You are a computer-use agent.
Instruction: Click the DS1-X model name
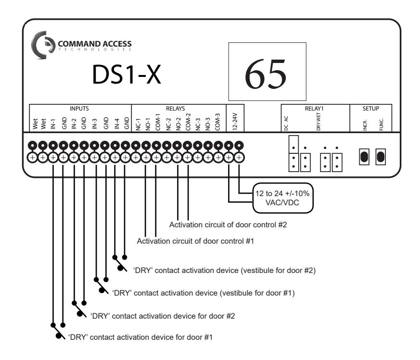pyautogui.click(x=127, y=74)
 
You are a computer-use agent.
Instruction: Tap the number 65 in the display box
pyautogui.click(x=266, y=74)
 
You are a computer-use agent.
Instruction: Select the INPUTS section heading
pyautogui.click(x=79, y=109)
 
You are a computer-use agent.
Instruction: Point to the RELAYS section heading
pyautogui.click(x=176, y=109)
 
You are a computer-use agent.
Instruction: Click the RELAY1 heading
pyautogui.click(x=314, y=109)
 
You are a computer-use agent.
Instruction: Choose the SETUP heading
pyautogui.click(x=371, y=109)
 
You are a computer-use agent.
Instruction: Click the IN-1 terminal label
pyautogui.click(x=53, y=124)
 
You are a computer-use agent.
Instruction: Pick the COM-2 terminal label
pyautogui.click(x=188, y=122)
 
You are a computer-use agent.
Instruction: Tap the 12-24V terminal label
pyautogui.click(x=235, y=122)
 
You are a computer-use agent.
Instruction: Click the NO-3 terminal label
pyautogui.click(x=208, y=124)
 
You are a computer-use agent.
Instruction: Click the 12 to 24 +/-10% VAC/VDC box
pyautogui.click(x=283, y=198)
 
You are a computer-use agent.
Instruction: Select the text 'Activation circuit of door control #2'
pyautogui.click(x=228, y=224)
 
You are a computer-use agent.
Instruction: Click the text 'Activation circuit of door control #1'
pyautogui.click(x=195, y=241)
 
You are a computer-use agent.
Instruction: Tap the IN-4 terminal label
pyautogui.click(x=117, y=124)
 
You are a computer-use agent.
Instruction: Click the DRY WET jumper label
pyautogui.click(x=318, y=122)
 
